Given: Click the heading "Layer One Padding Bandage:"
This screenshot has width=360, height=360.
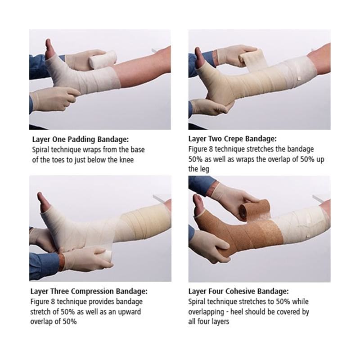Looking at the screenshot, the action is coord(81,139).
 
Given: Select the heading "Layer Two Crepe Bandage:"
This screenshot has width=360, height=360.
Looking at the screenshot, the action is coord(233,139).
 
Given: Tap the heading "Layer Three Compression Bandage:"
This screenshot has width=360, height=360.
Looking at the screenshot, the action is coord(89,291).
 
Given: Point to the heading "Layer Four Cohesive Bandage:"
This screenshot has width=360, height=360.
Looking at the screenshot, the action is coord(238,291).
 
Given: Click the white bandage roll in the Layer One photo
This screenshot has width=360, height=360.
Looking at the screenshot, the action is coord(103,60).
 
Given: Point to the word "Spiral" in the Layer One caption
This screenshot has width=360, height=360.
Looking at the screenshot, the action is coord(40,150).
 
